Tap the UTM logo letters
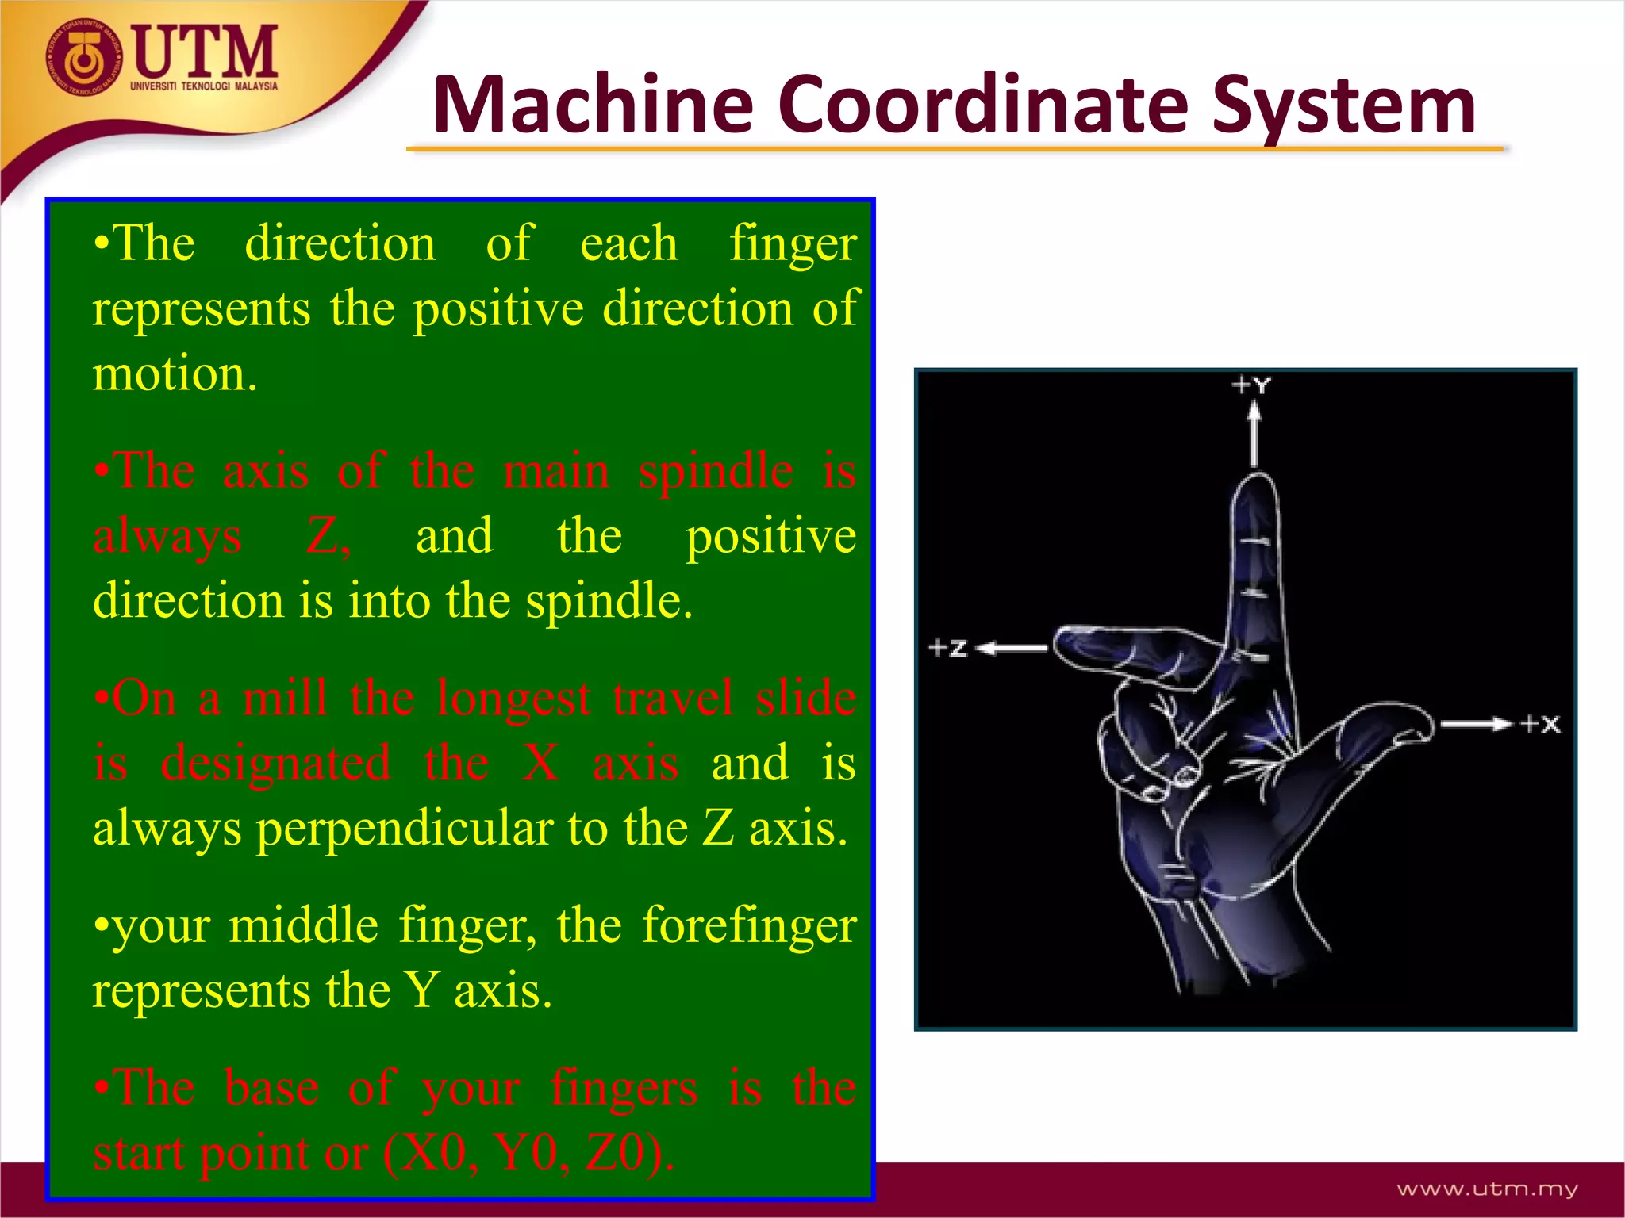tap(205, 51)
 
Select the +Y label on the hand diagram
tap(1251, 386)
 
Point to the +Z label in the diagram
tap(948, 648)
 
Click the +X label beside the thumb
tap(1540, 724)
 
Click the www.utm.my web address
tap(1487, 1189)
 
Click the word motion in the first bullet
tap(174, 373)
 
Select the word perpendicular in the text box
tap(405, 829)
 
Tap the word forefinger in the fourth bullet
tap(749, 925)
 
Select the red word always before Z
tap(167, 537)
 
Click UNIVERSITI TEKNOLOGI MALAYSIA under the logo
tap(204, 86)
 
